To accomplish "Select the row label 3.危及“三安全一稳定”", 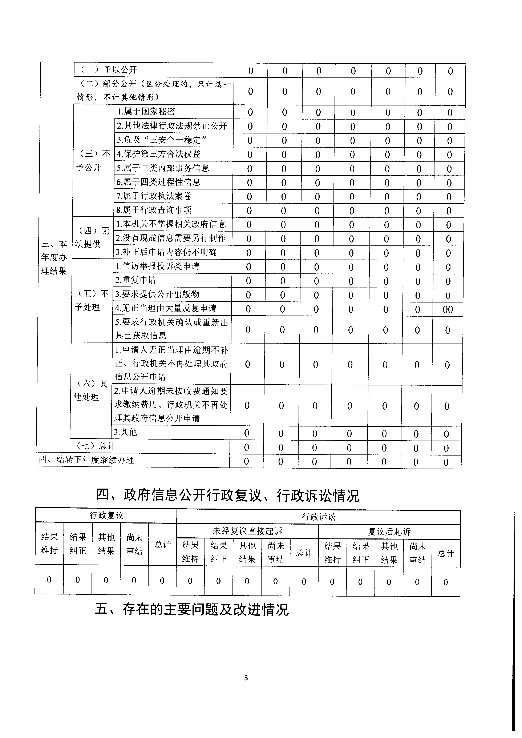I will pos(161,140).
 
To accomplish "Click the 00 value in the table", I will pos(448,309).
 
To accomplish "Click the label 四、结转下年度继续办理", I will pos(86,460).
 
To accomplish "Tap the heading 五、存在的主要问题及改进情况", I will pos(192,609).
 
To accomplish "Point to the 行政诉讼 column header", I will pos(319,517).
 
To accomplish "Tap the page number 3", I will pos(246,678).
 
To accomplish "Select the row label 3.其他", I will pos(125,432).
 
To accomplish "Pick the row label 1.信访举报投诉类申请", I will pos(158,266).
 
